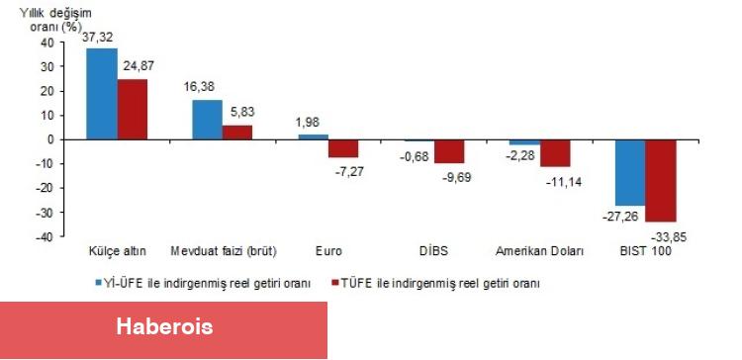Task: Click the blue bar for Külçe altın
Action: (x=102, y=94)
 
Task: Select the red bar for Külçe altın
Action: (x=132, y=109)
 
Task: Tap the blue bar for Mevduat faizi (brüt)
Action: (x=207, y=120)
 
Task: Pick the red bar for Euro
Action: (x=343, y=148)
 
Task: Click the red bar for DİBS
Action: (x=449, y=151)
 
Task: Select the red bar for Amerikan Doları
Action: (x=555, y=153)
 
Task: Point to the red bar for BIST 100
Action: (x=660, y=180)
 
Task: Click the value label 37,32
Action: (x=100, y=37)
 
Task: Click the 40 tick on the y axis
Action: (x=47, y=43)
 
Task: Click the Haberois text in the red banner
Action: (x=164, y=326)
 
